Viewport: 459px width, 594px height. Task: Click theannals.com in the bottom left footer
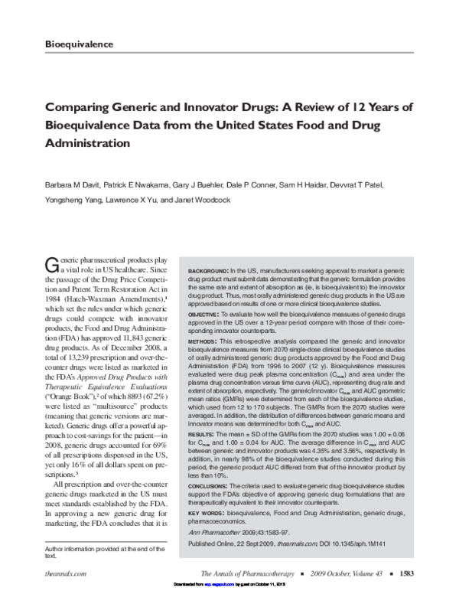point(64,572)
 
